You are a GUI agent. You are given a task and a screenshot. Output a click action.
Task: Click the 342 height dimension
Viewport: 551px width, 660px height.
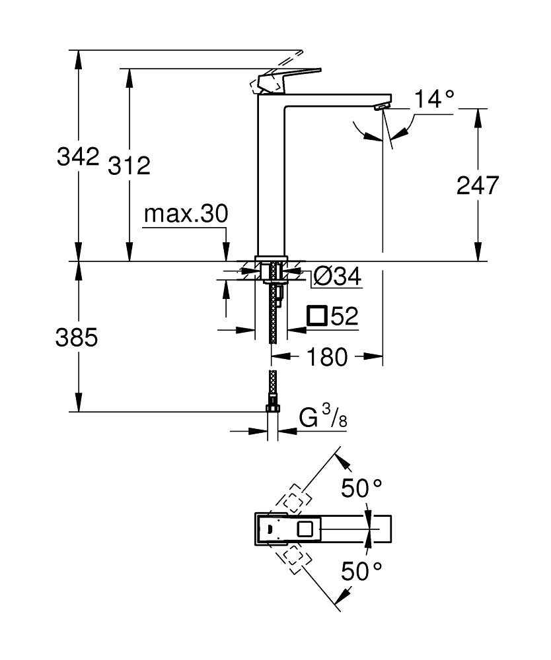[78, 157]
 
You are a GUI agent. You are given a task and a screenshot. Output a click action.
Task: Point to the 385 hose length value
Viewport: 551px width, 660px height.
[77, 337]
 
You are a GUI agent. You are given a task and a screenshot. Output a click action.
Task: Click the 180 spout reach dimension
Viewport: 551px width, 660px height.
[326, 357]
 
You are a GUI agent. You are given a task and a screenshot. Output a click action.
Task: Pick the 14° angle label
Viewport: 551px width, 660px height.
[435, 99]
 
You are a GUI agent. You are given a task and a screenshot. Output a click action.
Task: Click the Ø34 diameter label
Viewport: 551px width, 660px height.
[337, 277]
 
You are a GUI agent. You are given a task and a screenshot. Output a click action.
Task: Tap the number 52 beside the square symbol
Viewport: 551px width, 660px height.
[344, 317]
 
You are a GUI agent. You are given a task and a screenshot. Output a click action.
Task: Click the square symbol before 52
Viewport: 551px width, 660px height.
[318, 316]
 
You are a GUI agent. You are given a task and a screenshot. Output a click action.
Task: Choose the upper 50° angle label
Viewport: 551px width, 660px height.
[361, 489]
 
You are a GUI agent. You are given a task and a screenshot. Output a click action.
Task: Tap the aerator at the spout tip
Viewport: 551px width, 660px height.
[381, 106]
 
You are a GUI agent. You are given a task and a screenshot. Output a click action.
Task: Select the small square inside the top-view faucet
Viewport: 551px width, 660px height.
[306, 529]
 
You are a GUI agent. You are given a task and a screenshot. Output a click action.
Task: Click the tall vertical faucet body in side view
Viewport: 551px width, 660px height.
[271, 178]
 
